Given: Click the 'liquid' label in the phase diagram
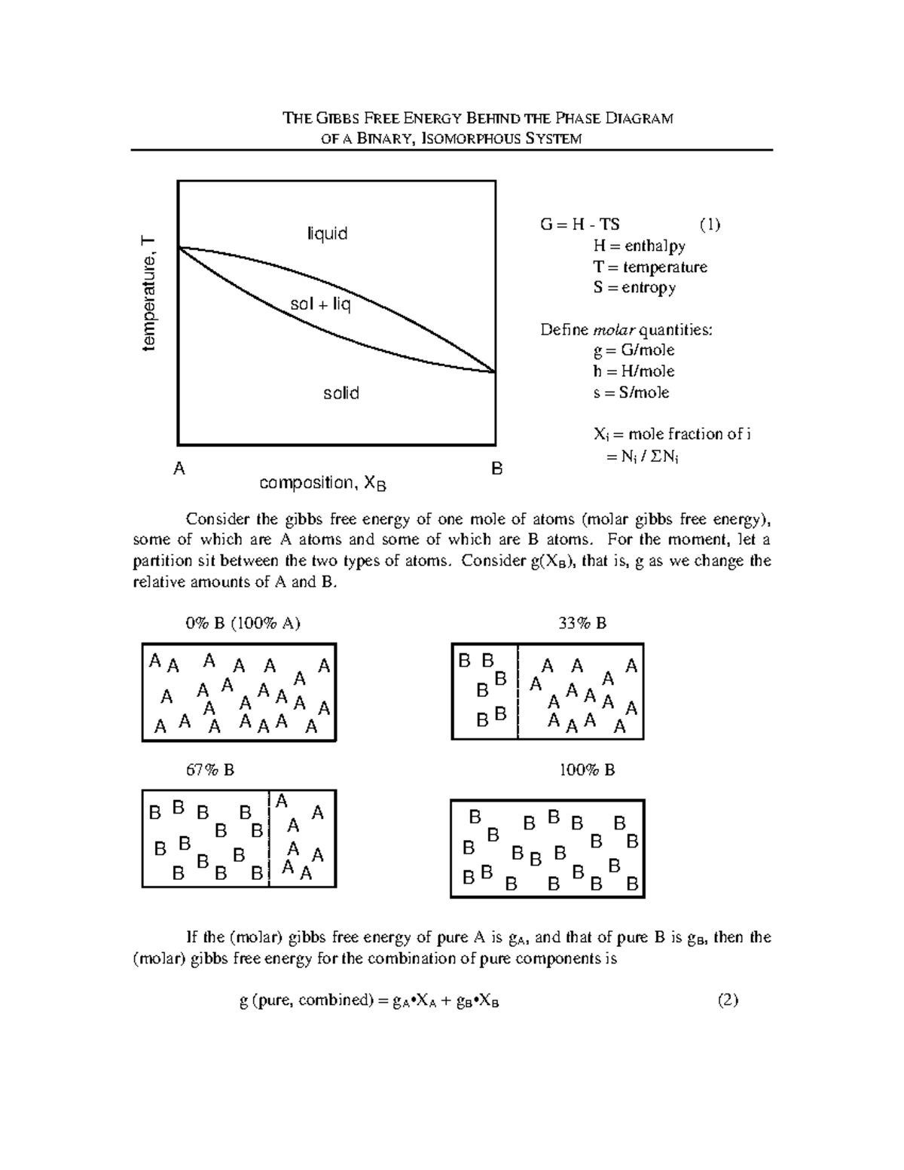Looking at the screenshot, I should click(327, 234).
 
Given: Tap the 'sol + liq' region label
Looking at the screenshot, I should click(321, 305).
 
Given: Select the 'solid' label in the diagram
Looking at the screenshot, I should click(341, 393).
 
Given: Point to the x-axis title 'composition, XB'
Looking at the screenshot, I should click(322, 484).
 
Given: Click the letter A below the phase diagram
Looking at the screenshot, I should click(179, 469).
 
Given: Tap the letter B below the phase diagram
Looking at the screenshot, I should click(496, 469).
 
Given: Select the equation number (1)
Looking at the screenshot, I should click(708, 225).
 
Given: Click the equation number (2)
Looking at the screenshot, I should click(728, 1000).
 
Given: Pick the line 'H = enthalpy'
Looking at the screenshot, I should click(639, 246).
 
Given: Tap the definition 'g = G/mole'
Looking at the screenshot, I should click(634, 350).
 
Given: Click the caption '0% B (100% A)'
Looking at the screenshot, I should click(243, 623).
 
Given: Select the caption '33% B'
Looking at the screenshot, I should click(582, 623).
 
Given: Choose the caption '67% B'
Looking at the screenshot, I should click(210, 770).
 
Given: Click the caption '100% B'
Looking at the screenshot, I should click(587, 770).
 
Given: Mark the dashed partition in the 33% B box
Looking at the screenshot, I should click(518, 692).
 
